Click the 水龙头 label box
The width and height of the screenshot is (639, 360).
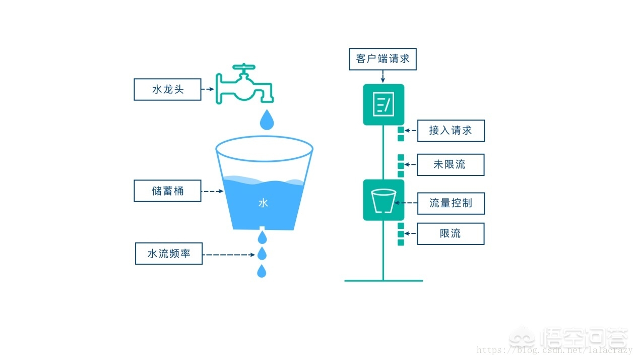coord(167,89)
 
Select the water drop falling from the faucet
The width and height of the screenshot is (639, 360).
coord(267,119)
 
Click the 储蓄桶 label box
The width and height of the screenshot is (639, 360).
coord(167,191)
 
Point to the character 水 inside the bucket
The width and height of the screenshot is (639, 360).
coord(263,203)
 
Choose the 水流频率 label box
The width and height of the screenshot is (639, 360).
coord(169,254)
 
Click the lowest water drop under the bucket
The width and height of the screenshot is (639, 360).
coord(262,272)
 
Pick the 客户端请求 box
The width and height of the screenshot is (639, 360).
coord(382,58)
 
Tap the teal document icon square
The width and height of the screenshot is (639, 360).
coord(384,104)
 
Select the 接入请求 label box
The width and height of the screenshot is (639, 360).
coord(451,131)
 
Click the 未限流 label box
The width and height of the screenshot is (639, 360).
coord(451,165)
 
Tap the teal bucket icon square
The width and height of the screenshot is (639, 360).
coord(384,200)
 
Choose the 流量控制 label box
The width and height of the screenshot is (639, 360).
coord(451,203)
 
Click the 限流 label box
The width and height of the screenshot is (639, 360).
coord(451,233)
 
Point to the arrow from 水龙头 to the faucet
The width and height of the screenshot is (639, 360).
coord(208,90)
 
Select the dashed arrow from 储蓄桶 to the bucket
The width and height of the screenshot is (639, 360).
coord(212,191)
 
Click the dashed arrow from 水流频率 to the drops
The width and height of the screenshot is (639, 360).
coord(229,255)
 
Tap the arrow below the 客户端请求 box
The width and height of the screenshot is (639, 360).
coord(382,76)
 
